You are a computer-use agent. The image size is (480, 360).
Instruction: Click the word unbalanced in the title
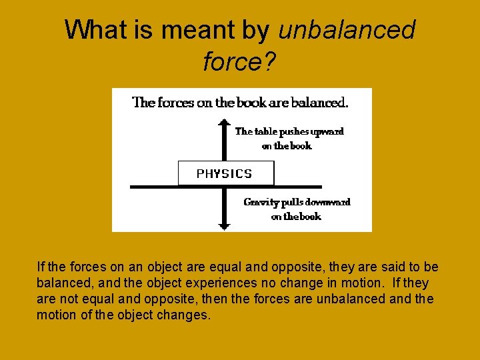pos(347,30)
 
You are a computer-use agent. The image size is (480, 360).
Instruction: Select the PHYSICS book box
pos(225,173)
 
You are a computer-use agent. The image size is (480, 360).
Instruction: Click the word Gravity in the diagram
pos(261,202)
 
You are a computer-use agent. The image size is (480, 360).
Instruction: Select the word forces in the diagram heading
pos(175,103)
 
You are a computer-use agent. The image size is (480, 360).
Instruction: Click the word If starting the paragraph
pos(41,267)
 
